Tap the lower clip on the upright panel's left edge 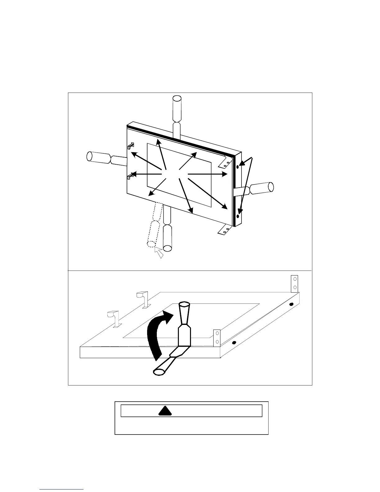pos(131,176)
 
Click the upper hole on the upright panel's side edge pos(237,167)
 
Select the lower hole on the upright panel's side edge pos(238,216)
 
